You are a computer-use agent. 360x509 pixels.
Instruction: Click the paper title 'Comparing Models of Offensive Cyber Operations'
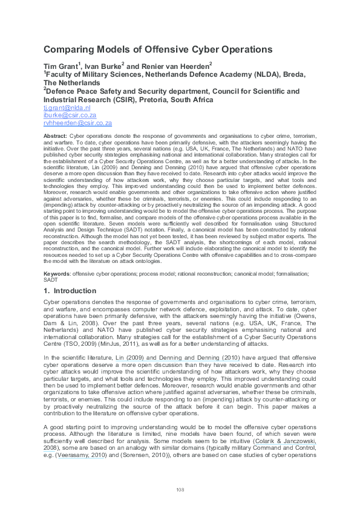click(x=158, y=50)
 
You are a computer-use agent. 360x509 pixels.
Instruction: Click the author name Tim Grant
click(x=60, y=65)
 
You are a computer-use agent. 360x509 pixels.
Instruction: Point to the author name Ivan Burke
click(x=102, y=65)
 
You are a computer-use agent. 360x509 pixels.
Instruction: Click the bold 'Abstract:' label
click(x=56, y=137)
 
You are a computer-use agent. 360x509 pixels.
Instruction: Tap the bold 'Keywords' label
click(x=57, y=274)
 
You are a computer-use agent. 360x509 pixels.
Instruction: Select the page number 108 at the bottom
click(x=180, y=489)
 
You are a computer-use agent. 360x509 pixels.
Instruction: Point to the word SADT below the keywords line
click(x=51, y=280)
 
